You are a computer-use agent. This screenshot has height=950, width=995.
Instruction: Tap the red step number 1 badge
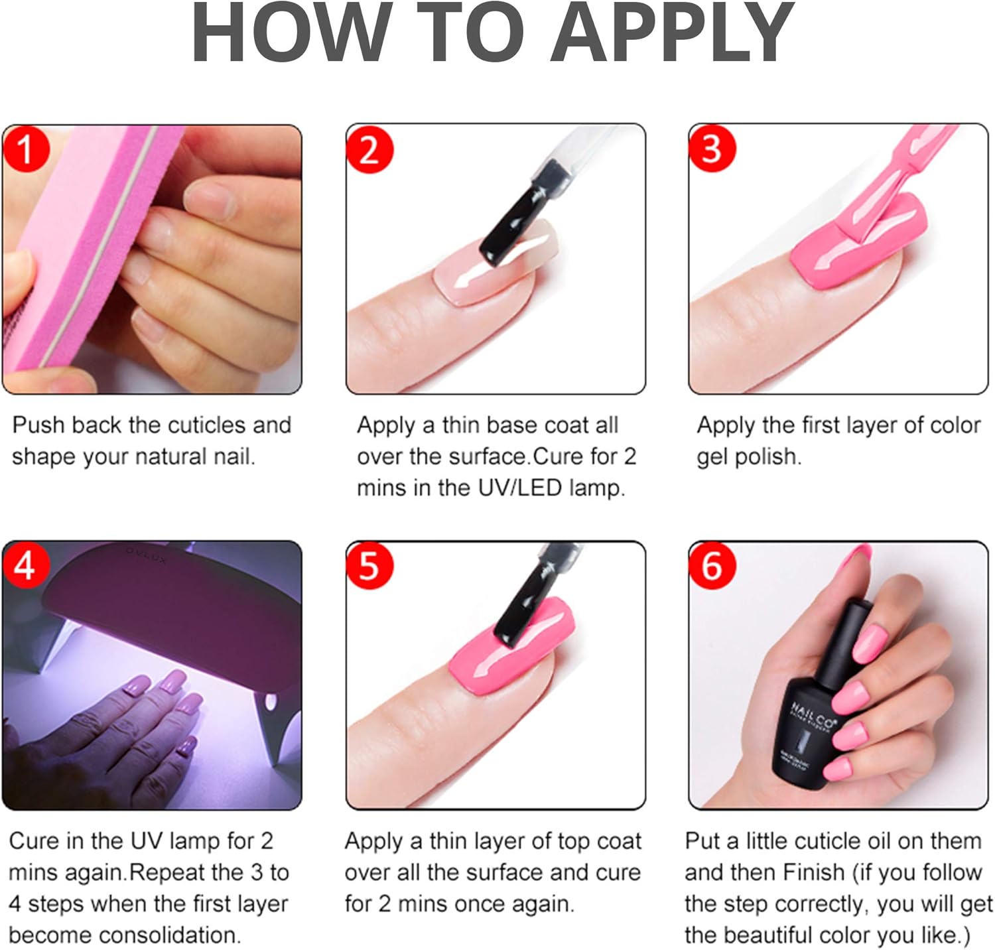(25, 149)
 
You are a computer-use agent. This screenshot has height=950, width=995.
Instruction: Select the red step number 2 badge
(369, 149)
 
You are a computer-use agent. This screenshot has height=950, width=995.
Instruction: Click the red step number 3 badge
(712, 149)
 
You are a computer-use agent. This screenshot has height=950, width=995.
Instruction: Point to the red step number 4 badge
(25, 566)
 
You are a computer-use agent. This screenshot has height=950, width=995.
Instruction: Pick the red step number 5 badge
(369, 566)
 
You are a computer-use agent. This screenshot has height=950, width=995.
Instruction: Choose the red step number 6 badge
(712, 566)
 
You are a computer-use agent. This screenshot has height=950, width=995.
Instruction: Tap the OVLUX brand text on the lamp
(147, 555)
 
